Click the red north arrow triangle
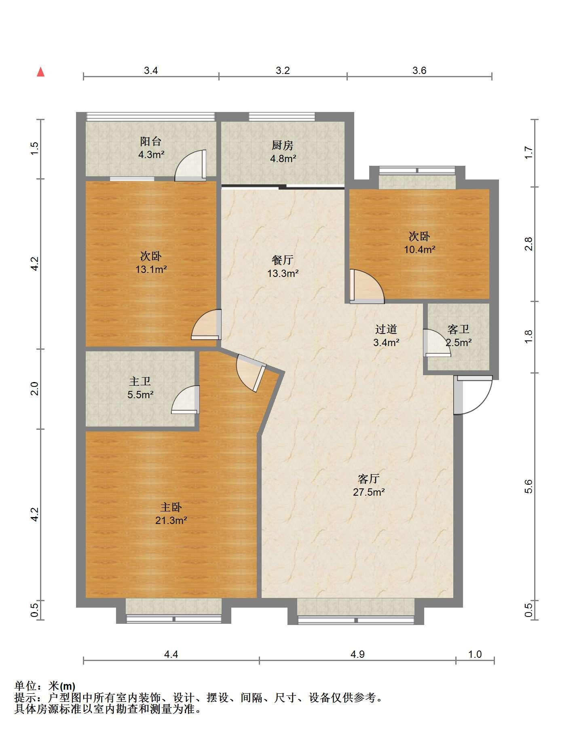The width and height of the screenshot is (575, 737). [x=40, y=72]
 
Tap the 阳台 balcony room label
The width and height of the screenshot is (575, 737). [x=151, y=141]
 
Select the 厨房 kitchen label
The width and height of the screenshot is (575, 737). [x=282, y=145]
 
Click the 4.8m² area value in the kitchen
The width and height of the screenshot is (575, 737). [x=283, y=158]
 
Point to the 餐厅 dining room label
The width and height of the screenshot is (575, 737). [x=283, y=260]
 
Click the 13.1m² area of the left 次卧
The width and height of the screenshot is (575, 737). [x=151, y=269]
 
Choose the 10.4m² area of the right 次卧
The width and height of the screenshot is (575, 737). [x=420, y=249]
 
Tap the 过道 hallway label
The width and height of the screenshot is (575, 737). [x=386, y=329]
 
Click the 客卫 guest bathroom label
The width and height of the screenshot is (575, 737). [x=459, y=329]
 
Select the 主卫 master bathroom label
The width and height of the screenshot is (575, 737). [x=140, y=381]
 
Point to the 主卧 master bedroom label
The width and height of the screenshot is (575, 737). [x=171, y=507]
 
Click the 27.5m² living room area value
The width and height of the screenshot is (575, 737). [x=369, y=492]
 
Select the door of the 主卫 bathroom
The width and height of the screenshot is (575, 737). [x=186, y=400]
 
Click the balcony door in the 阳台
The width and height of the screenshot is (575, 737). [x=190, y=165]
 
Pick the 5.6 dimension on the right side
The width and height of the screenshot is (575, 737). [x=528, y=487]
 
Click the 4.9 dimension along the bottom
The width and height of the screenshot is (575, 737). [x=358, y=665]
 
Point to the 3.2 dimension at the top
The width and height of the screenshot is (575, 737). [x=283, y=70]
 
